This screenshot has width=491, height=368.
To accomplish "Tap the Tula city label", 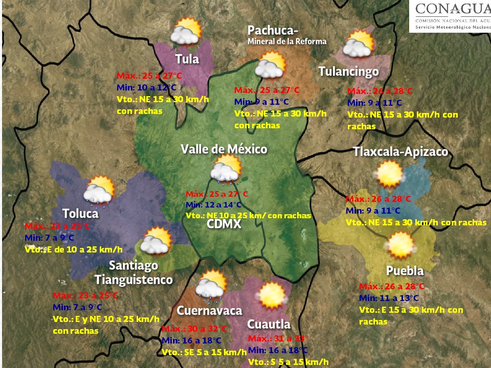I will (187, 59).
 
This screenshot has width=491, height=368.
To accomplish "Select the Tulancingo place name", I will (348, 72).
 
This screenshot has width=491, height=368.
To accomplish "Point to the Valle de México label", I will (224, 149).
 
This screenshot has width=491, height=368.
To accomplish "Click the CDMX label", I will (224, 225).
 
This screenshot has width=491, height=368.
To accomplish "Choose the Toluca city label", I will (80, 213).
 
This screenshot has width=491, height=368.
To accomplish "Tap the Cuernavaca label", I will (209, 311).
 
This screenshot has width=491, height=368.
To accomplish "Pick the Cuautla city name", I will (269, 324).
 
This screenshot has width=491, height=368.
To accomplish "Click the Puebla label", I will (405, 271).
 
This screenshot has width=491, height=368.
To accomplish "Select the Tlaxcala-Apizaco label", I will (400, 152).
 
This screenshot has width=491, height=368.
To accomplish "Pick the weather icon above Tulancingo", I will (359, 44).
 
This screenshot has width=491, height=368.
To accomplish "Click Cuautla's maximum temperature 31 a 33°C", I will (278, 338).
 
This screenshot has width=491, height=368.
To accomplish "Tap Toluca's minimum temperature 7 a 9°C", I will (49, 238).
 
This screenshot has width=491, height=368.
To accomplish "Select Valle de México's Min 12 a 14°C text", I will (213, 205).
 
